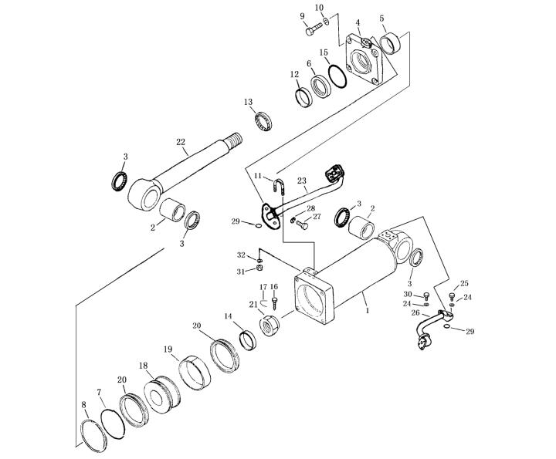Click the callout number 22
coord(181,143)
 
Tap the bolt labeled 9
coord(314,29)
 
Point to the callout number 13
coord(248,102)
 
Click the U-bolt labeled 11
coord(279,186)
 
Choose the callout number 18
coord(144,366)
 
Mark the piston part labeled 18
coord(162,394)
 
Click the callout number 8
coord(83,404)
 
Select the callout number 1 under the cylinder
coord(368,311)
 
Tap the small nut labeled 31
coord(259,268)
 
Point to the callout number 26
coord(415,312)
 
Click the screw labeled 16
coord(274,302)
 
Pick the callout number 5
coord(381,18)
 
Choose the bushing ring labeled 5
coord(390,43)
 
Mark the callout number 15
coord(324,52)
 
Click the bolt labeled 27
coord(302,224)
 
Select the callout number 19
coord(168,349)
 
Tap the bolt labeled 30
coord(426,296)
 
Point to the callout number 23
coord(301,181)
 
